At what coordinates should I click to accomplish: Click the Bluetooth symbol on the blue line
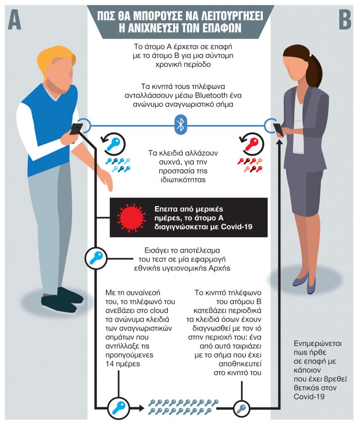point(180,125)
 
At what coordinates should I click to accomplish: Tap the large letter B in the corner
point(345,18)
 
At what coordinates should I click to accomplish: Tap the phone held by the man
point(76,129)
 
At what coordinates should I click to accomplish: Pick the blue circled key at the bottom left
point(118,407)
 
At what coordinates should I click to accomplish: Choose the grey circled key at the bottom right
point(241,409)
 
